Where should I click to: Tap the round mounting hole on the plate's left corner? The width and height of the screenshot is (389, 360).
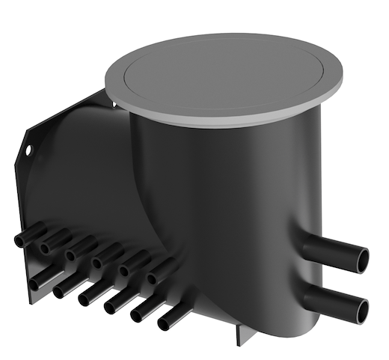pyautogui.click(x=28, y=150)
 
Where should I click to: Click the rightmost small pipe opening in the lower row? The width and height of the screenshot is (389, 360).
pyautogui.click(x=164, y=323)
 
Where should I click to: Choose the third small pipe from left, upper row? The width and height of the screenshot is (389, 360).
pyautogui.click(x=72, y=255)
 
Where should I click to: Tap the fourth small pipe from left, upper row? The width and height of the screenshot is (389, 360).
pyautogui.click(x=98, y=262)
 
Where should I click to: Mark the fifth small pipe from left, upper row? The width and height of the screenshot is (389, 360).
pyautogui.click(x=125, y=270)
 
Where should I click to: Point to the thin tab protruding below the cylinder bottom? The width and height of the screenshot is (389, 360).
pyautogui.click(x=238, y=334)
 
